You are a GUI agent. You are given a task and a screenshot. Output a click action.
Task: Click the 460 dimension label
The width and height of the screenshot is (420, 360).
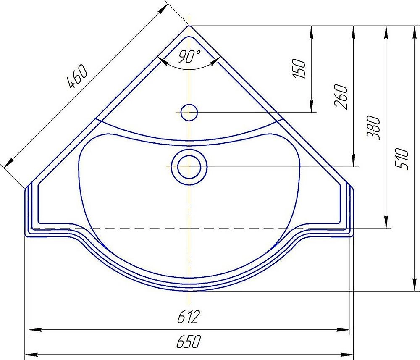[x=78, y=76]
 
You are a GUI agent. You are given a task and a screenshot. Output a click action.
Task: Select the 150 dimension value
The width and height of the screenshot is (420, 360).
[x=299, y=69]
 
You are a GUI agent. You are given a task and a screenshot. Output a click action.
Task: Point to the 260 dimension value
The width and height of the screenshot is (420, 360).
[x=341, y=97]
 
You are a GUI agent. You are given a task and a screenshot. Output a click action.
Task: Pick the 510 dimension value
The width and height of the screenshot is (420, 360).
[x=402, y=159]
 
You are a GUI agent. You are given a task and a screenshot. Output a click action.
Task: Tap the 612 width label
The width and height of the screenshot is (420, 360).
[x=189, y=317]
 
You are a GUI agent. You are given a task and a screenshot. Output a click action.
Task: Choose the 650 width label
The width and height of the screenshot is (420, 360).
[x=189, y=342]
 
